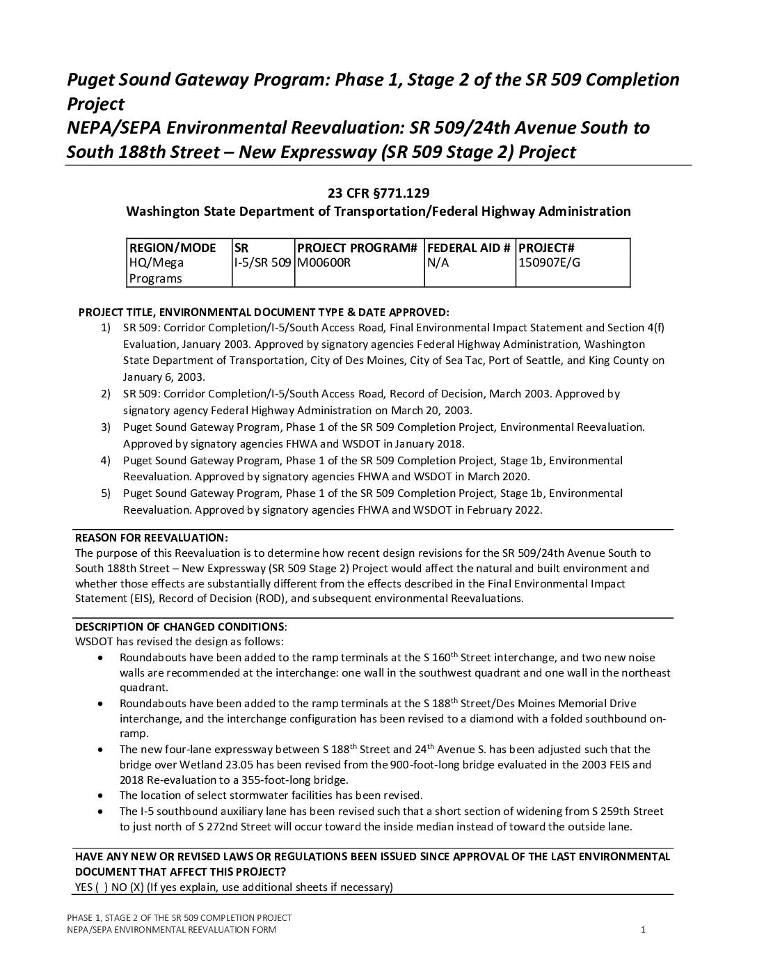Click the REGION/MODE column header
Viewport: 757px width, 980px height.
pos(173,248)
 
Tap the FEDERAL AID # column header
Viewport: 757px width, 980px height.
pos(469,248)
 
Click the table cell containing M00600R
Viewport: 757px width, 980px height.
pos(324,263)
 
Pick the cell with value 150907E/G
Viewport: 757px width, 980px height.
pos(549,263)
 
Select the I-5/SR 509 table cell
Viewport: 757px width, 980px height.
pos(262,263)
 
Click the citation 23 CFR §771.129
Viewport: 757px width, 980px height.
pos(378,193)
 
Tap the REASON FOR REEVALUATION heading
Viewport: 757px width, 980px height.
pos(151,538)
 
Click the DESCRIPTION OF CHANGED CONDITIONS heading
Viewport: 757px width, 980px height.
pos(180,626)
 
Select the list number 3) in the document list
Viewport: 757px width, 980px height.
pos(106,427)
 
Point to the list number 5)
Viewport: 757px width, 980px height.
pos(106,493)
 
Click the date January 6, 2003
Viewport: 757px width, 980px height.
pos(164,377)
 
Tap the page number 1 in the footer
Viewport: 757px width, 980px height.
pos(644,930)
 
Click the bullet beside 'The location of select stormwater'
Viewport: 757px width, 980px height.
pos(102,796)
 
